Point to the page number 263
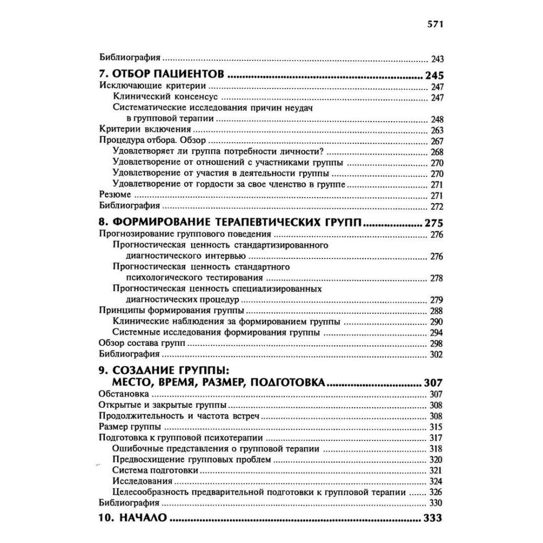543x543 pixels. [437, 130]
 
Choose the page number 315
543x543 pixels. [437, 427]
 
